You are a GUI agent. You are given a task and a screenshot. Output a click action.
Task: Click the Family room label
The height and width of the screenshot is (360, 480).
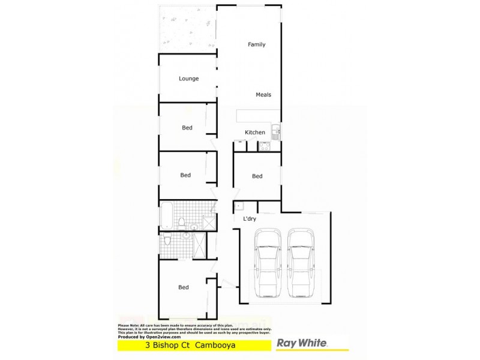click(x=257, y=44)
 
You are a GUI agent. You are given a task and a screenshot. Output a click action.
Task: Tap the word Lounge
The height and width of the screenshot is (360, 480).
click(x=188, y=79)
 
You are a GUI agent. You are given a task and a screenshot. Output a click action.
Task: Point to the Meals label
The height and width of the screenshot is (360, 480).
click(x=263, y=95)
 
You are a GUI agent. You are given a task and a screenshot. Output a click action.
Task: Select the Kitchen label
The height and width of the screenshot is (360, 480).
click(x=254, y=133)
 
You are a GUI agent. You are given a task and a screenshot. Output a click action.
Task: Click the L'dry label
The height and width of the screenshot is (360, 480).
click(x=250, y=220)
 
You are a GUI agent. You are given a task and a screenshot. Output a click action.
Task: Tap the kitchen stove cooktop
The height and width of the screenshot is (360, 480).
click(x=264, y=145)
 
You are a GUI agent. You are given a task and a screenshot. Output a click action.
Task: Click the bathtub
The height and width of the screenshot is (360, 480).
click(x=167, y=213)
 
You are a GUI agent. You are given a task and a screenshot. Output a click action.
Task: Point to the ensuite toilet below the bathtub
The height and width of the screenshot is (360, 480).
click(x=168, y=241)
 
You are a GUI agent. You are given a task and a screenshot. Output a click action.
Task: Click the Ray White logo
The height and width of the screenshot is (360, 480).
click(x=301, y=343)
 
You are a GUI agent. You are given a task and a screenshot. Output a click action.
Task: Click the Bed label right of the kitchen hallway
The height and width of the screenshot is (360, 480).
click(x=257, y=176)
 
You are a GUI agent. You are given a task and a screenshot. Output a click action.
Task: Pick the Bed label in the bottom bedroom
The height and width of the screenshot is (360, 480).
click(x=184, y=287)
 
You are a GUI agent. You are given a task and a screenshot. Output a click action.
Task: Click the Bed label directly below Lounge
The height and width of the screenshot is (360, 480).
click(x=187, y=128)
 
